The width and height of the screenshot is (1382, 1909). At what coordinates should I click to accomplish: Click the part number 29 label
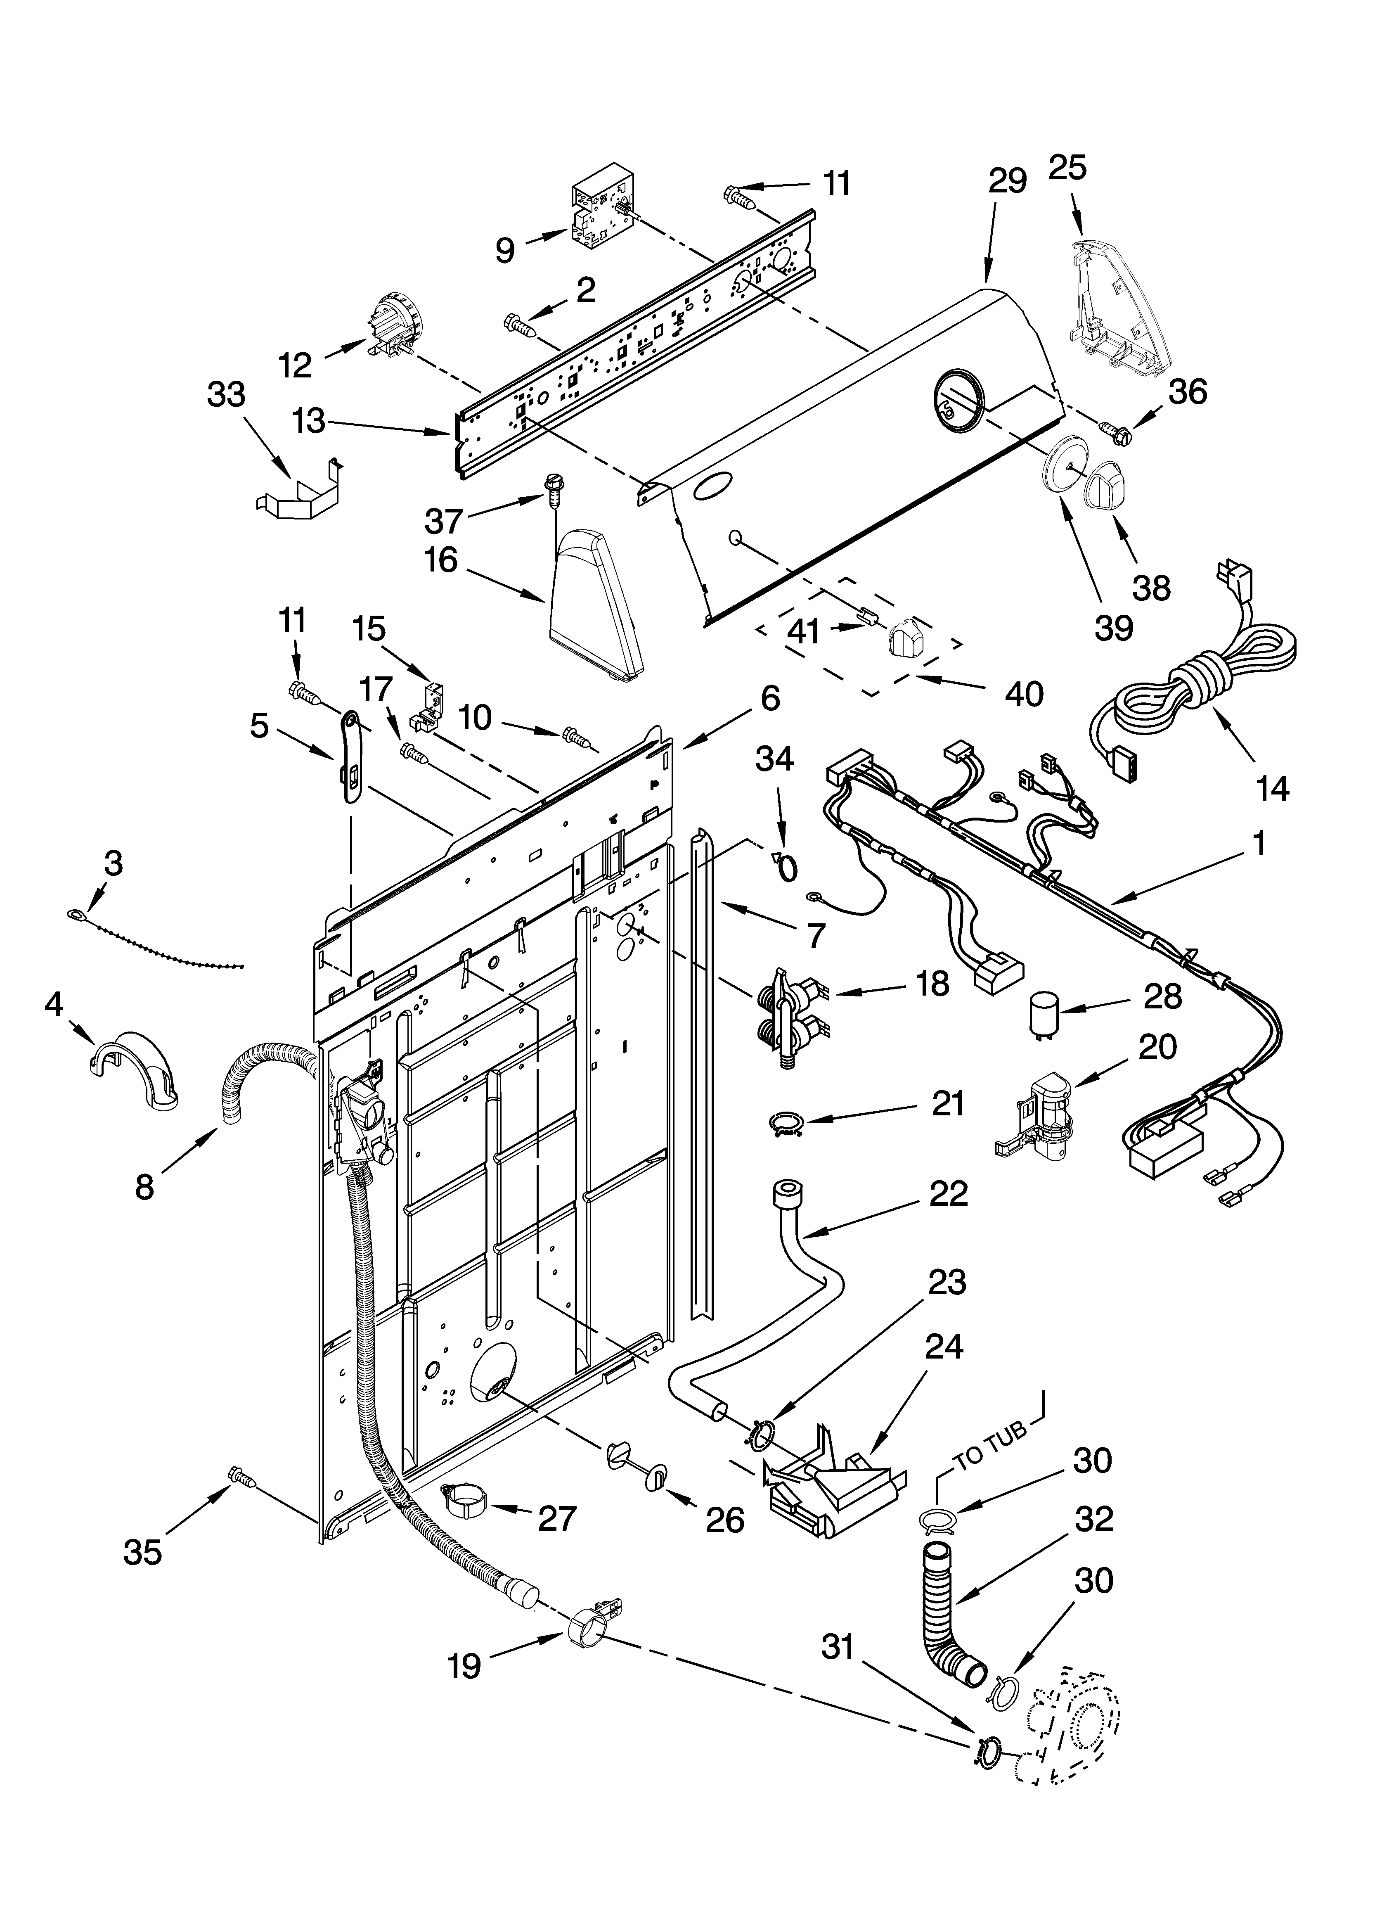[x=1008, y=182]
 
